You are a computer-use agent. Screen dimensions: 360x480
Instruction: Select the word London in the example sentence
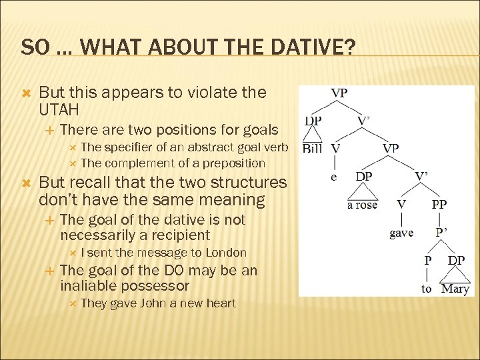pyautogui.click(x=226, y=253)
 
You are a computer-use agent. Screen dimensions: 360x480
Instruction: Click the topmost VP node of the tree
pyautogui.click(x=339, y=93)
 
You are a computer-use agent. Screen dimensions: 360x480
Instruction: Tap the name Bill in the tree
pyautogui.click(x=312, y=149)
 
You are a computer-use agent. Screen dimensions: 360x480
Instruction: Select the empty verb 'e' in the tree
pyautogui.click(x=334, y=177)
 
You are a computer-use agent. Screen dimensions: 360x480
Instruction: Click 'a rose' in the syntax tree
pyautogui.click(x=363, y=205)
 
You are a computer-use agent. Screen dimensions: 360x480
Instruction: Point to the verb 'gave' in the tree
pyautogui.click(x=401, y=233)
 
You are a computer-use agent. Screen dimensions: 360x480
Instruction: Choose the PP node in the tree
pyautogui.click(x=439, y=205)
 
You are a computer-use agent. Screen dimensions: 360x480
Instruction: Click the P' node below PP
pyautogui.click(x=441, y=233)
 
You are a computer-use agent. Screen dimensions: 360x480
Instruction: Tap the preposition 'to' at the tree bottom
pyautogui.click(x=427, y=289)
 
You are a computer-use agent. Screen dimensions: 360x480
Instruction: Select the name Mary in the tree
pyautogui.click(x=455, y=289)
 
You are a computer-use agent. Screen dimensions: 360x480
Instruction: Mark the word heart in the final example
pyautogui.click(x=221, y=303)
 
